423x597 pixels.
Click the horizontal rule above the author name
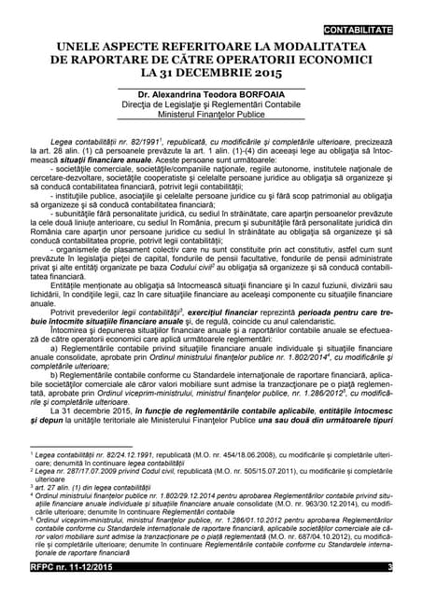pyautogui.click(x=214, y=87)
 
